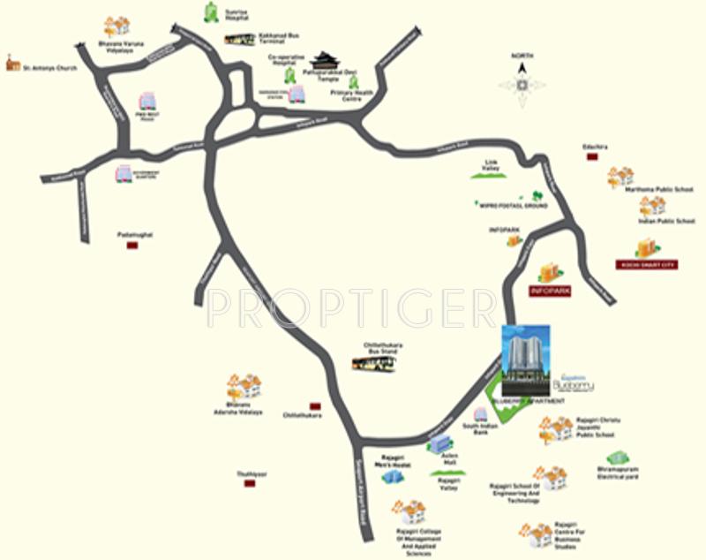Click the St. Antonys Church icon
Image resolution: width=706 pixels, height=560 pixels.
pyautogui.click(x=12, y=63)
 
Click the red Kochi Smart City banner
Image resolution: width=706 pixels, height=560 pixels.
pyautogui.click(x=646, y=263)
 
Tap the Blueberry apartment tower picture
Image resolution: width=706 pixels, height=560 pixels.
pyautogui.click(x=526, y=360)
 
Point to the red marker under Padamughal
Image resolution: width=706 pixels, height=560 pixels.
pyautogui.click(x=132, y=246)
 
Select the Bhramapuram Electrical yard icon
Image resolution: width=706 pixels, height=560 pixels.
pyautogui.click(x=622, y=458)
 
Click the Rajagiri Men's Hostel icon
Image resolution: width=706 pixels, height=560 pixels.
pyautogui.click(x=393, y=476)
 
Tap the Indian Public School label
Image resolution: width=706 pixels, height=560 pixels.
pyautogui.click(x=667, y=221)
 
